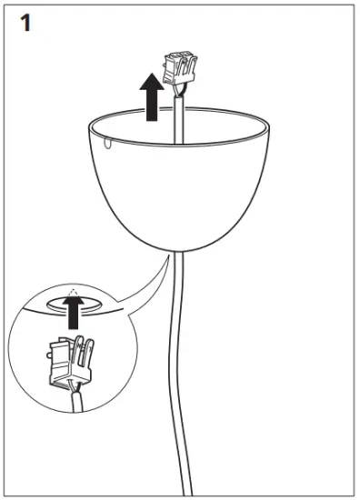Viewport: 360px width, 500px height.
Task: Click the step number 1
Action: click(27, 23)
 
